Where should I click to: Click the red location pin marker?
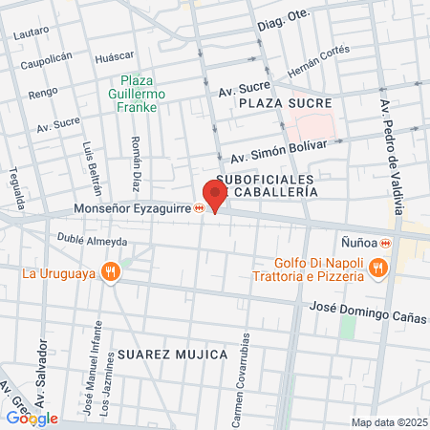click(215, 197)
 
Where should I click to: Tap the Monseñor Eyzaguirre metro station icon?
click(200, 208)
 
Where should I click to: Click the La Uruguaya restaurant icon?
click(113, 272)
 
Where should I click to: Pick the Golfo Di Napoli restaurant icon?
click(379, 269)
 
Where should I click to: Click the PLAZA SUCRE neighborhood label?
click(286, 102)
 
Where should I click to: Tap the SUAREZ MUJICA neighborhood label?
click(173, 355)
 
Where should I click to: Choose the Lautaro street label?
click(32, 32)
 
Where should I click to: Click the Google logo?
click(32, 418)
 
